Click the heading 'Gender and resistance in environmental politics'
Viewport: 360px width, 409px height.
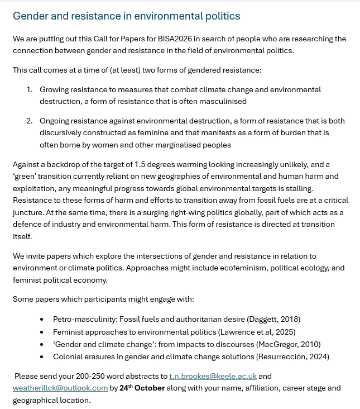[x=127, y=16]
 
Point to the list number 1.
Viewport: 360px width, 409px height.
[x=30, y=89]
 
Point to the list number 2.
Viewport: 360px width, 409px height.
[x=30, y=121]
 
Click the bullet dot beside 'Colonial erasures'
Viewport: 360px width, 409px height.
[x=42, y=356]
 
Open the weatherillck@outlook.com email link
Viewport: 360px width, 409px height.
[x=60, y=388]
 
